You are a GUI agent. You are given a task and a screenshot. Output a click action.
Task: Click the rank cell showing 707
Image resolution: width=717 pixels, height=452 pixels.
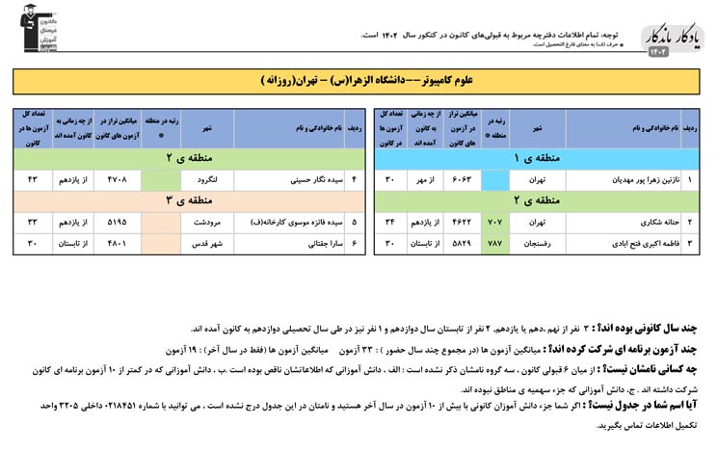point(495,224)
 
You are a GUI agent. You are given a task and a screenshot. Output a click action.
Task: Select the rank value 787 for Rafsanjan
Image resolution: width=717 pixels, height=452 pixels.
point(495,244)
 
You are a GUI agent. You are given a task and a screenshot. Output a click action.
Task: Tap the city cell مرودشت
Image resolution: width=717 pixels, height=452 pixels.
point(206,222)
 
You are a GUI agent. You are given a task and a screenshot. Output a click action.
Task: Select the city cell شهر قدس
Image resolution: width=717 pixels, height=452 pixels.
point(206,244)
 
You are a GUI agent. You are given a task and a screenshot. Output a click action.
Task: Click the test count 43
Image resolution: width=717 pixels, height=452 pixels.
point(32,178)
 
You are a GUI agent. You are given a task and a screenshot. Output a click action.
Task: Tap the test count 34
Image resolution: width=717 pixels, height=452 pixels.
point(389,224)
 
